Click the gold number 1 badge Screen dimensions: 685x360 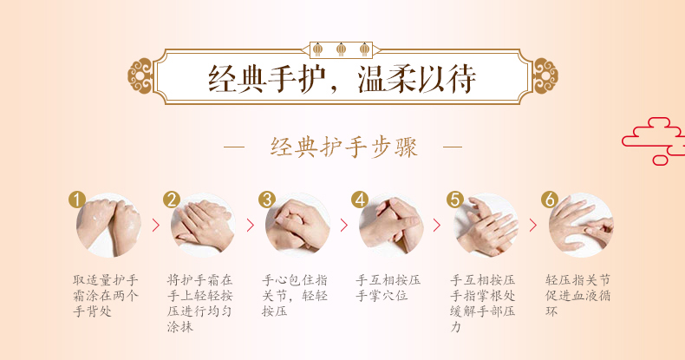tap(77, 200)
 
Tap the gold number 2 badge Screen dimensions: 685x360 tap(172, 200)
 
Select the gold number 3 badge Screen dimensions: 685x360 tap(266, 200)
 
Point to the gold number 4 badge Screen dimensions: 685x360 tap(360, 200)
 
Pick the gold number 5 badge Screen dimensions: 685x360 tap(454, 200)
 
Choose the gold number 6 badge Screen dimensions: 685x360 tap(549, 200)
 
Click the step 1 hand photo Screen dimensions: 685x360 tap(108, 226)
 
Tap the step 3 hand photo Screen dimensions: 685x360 tap(297, 226)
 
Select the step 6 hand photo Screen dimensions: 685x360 tap(581, 226)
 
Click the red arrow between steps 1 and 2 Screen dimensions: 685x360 tap(156, 226)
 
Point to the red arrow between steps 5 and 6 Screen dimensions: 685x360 tap(533, 226)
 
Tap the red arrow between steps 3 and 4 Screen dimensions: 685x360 tap(344, 226)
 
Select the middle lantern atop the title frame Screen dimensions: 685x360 tap(341, 49)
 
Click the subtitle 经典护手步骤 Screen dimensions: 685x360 tap(344, 147)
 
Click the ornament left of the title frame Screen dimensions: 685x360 tap(140, 76)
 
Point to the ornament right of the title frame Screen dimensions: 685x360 tap(545, 76)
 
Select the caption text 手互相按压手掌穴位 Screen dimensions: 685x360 tap(388, 288)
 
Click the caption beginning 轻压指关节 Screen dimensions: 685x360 tap(577, 296)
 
